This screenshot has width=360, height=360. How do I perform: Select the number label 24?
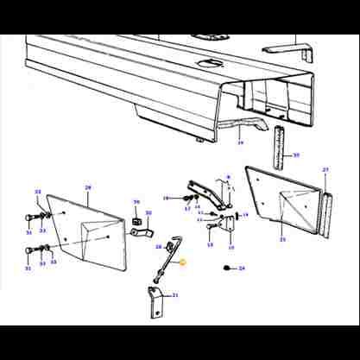242,269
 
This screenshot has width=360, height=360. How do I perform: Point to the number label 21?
175,295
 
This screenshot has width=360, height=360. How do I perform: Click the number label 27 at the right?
325,170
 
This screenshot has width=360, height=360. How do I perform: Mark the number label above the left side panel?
87,186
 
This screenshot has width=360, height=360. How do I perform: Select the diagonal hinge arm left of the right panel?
203,193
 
